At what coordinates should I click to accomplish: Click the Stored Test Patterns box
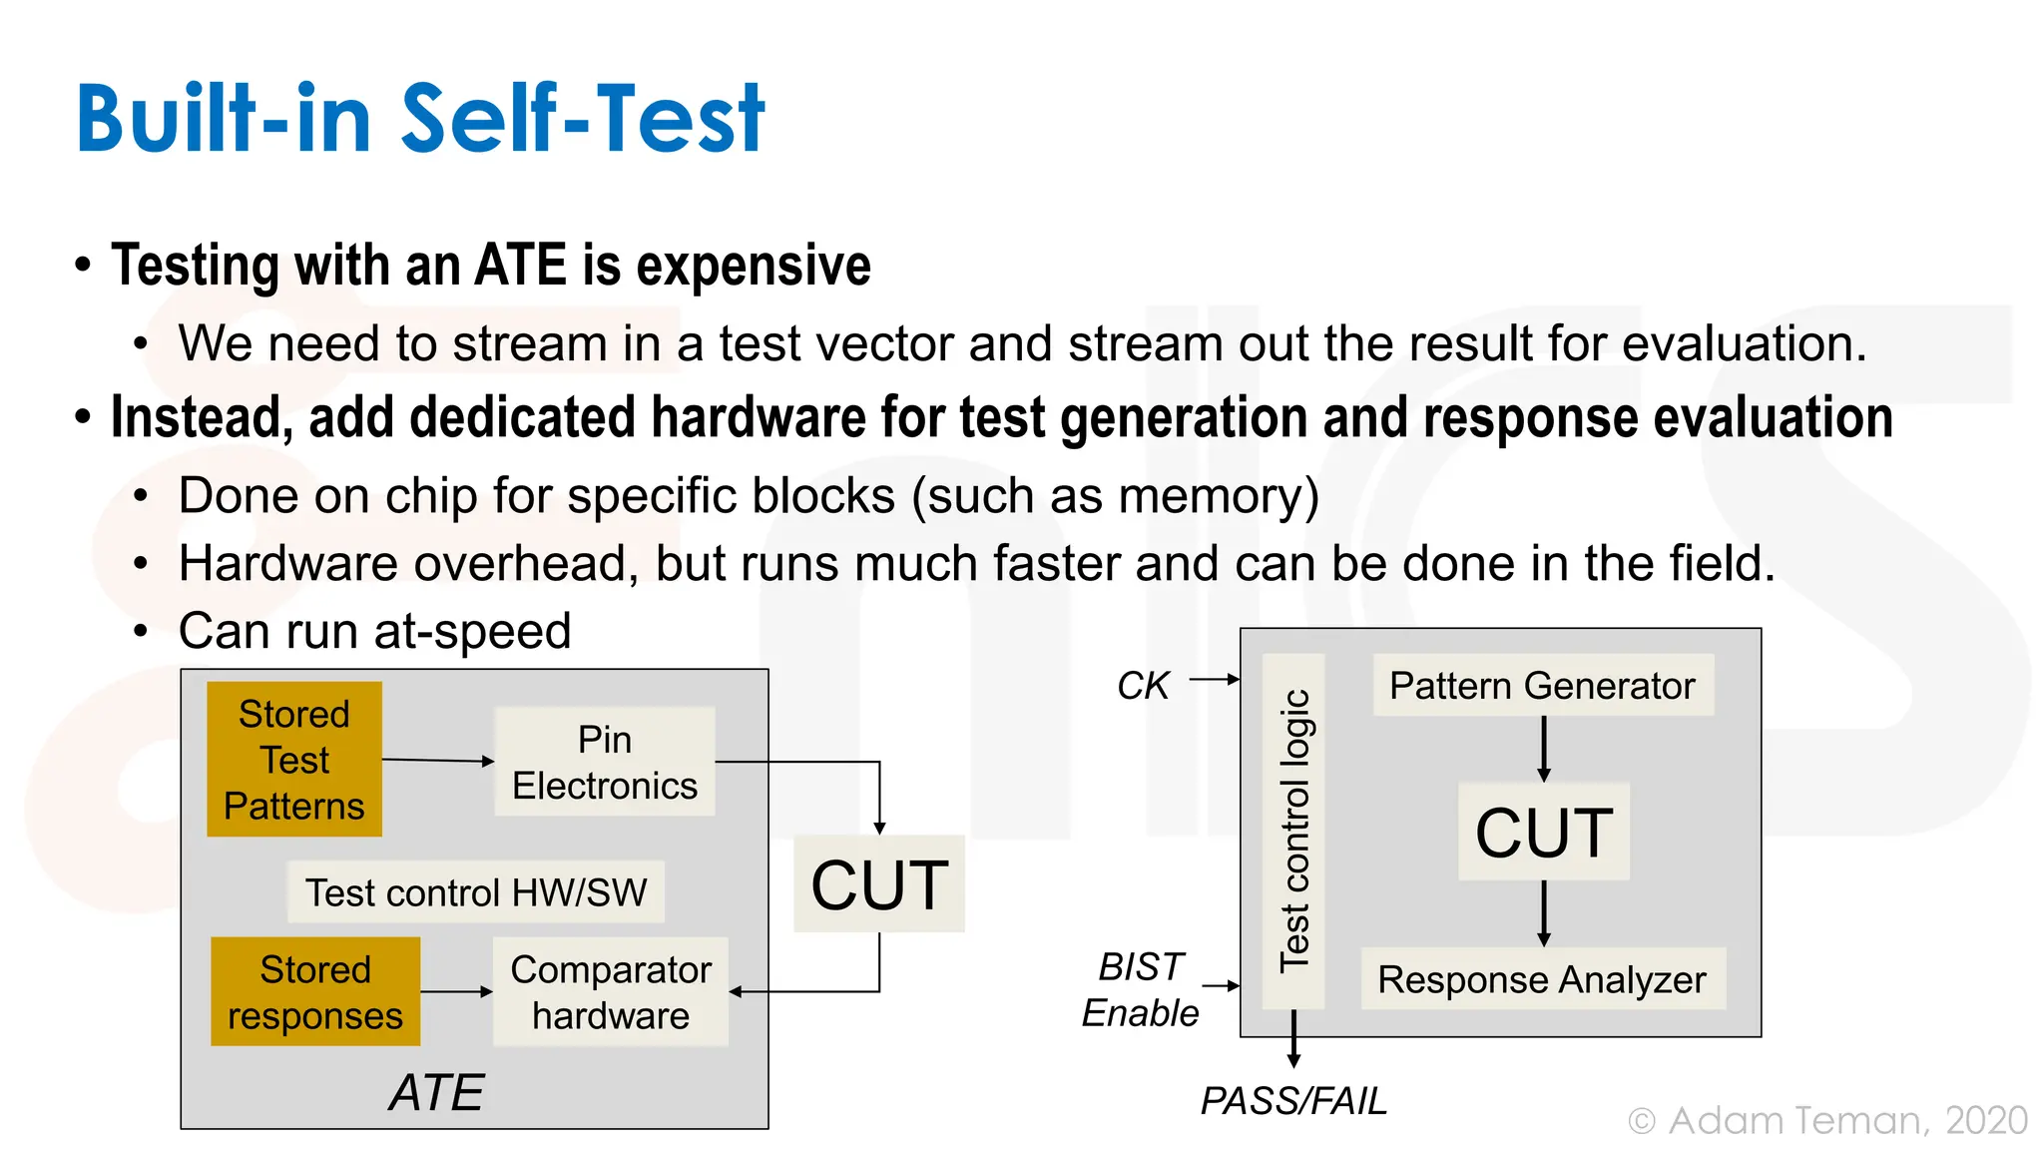pos(294,759)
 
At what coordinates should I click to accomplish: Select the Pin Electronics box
pos(605,762)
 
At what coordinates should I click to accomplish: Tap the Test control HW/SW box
pos(476,891)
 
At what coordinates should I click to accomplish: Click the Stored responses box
pos(315,991)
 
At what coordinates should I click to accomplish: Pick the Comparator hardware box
pos(611,991)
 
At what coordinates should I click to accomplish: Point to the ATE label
pos(436,1092)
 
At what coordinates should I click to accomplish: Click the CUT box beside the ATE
pos(879,883)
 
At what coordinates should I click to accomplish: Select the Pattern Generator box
pos(1543,685)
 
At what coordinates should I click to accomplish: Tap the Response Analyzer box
pos(1543,978)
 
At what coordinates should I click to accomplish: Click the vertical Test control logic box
pos(1293,831)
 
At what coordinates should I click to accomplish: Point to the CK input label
pos(1142,686)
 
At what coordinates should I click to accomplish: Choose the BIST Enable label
pos(1141,989)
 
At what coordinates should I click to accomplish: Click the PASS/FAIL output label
pos(1293,1101)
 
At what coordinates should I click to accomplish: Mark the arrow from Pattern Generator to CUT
pos(1544,749)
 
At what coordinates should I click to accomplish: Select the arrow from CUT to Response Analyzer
pos(1544,913)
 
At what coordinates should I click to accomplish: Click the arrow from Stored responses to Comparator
pos(456,991)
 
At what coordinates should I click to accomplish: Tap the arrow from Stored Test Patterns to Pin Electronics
pos(438,761)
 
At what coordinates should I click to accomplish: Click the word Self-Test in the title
pos(583,120)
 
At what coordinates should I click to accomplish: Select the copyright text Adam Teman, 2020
pos(1827,1120)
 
